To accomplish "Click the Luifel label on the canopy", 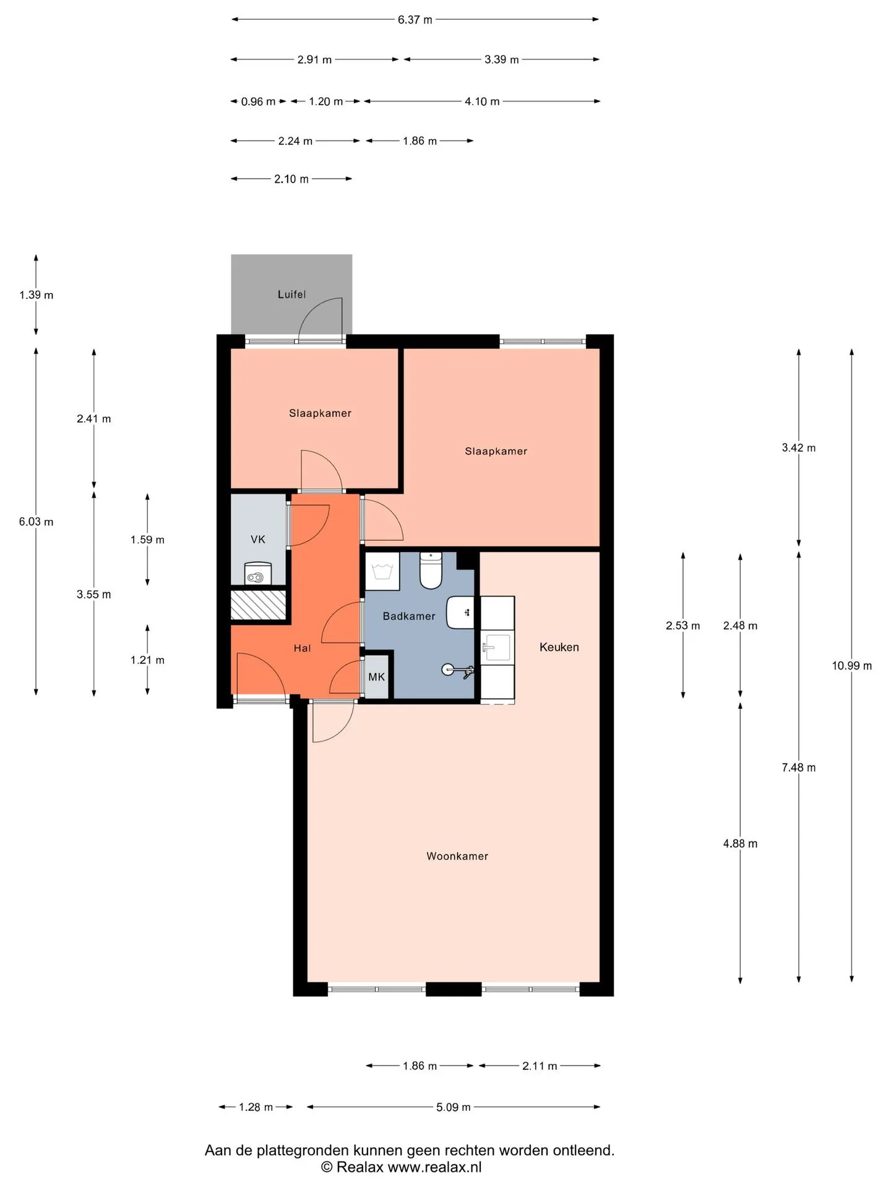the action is point(291,295).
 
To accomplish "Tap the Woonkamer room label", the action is point(457,856).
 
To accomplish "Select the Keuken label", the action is point(559,647).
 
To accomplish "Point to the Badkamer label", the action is point(409,616).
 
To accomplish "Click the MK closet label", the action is point(377,677).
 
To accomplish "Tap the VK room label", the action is point(258,540).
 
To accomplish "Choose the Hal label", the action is point(302,648).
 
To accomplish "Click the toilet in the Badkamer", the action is point(431,570).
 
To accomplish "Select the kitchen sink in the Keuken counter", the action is point(497,647).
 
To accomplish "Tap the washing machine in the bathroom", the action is point(382,571).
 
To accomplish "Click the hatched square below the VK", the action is point(259,605).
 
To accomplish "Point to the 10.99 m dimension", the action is point(852,666).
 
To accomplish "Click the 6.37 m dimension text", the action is point(415,20).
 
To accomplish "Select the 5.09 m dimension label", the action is point(454,1107).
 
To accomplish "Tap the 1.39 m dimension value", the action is point(37,295).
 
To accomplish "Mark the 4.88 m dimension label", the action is point(741,843).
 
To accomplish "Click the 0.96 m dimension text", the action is point(259,101).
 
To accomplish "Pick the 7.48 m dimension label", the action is point(799,767).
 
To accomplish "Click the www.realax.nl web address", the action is point(434,1168).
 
